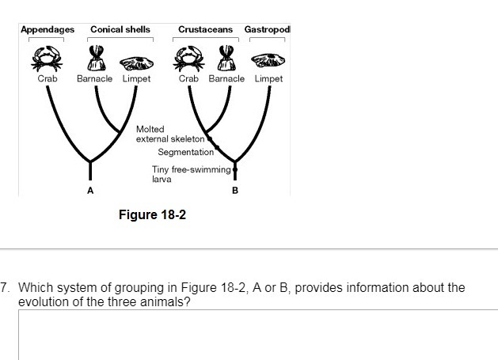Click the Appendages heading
tap(48, 29)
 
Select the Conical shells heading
tap(120, 29)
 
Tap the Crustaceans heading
tap(206, 29)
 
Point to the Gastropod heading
tap(267, 29)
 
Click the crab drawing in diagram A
tap(47, 57)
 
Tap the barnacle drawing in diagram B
tap(227, 58)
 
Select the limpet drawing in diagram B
tap(267, 59)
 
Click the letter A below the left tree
tap(90, 191)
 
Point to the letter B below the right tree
tap(234, 191)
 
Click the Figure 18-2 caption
tap(152, 214)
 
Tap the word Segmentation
tap(186, 152)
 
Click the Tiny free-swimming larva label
tap(190, 174)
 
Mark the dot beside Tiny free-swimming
tap(235, 169)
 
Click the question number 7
tap(6, 287)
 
